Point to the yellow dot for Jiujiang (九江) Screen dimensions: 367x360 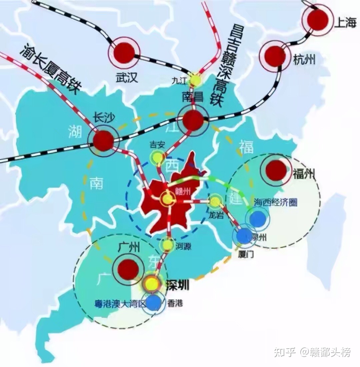(x=196, y=80)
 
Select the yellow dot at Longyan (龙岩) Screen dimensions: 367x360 (x=215, y=201)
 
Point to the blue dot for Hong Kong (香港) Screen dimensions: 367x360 (x=154, y=303)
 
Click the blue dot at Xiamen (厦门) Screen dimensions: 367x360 (x=244, y=236)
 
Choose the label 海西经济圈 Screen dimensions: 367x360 (x=275, y=203)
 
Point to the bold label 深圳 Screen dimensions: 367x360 (x=177, y=285)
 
